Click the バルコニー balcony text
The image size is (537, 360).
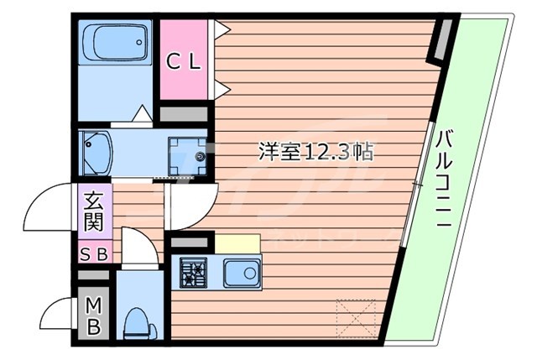445,180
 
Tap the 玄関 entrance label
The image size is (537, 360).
92,211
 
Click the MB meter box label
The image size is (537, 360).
92,316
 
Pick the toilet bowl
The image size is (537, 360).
134,321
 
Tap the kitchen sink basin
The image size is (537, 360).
244,273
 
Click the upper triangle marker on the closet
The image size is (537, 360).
222,29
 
